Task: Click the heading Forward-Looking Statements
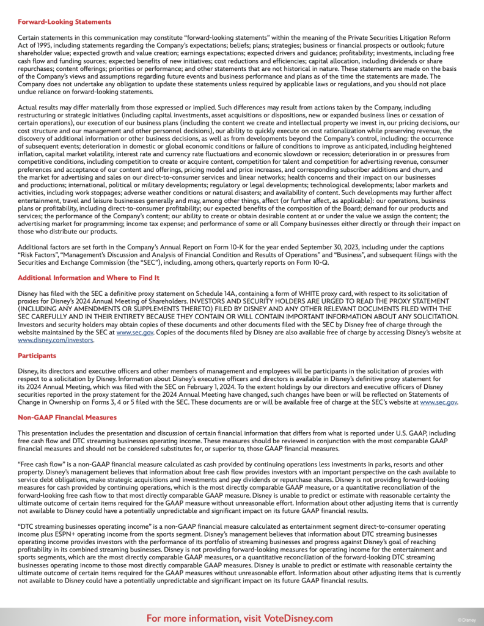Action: point(65,22)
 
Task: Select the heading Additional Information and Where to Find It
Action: point(89,278)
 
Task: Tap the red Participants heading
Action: point(37,355)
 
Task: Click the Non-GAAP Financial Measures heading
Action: point(67,418)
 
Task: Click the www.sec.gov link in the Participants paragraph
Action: point(438,402)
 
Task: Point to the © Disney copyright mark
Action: point(467,619)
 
